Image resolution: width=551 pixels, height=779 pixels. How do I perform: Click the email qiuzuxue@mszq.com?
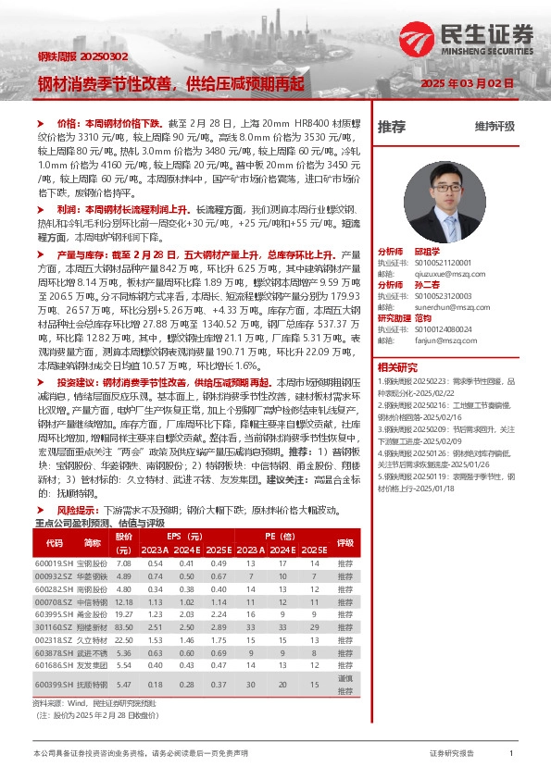click(433, 273)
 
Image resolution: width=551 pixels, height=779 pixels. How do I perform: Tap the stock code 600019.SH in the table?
click(54, 563)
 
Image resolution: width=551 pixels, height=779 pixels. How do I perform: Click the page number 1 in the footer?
click(511, 754)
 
